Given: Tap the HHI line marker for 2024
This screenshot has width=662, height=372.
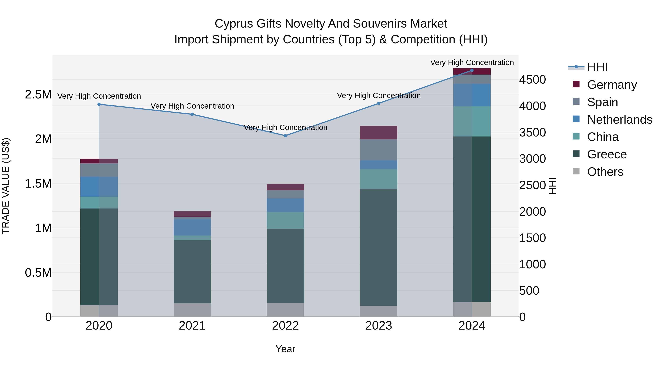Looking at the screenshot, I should pyautogui.click(x=472, y=70).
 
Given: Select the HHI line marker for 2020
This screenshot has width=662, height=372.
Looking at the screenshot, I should pyautogui.click(x=99, y=104).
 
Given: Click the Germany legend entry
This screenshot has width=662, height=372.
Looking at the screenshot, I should pyautogui.click(x=612, y=85).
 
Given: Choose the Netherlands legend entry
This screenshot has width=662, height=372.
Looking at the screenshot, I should pyautogui.click(x=619, y=120).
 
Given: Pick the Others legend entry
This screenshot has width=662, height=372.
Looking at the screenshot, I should pyautogui.click(x=605, y=172).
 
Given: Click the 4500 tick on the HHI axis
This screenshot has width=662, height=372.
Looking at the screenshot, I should pyautogui.click(x=532, y=80).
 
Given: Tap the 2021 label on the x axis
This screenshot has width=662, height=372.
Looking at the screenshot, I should pyautogui.click(x=192, y=326).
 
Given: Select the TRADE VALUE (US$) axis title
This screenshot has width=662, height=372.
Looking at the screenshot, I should pyautogui.click(x=6, y=186).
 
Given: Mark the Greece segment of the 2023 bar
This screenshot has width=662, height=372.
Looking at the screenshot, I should pyautogui.click(x=379, y=247).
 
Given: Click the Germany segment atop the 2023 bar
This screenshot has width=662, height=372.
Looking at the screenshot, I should pyautogui.click(x=379, y=132).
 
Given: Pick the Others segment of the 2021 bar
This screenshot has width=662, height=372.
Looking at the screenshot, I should pyautogui.click(x=192, y=310).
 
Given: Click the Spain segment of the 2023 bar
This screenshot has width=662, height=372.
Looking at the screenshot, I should pyautogui.click(x=379, y=150).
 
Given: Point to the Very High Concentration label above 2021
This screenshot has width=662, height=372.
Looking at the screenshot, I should pyautogui.click(x=192, y=106).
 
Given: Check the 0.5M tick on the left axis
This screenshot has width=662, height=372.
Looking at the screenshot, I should pyautogui.click(x=38, y=273).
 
